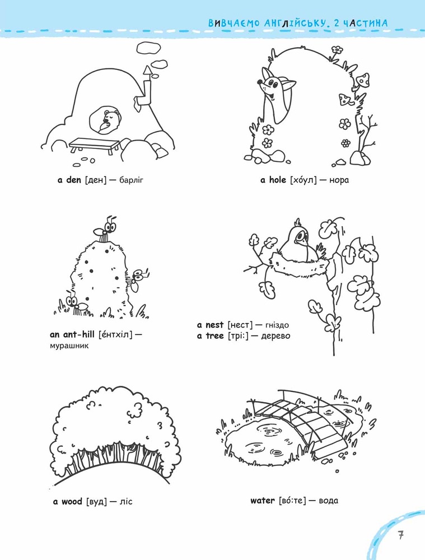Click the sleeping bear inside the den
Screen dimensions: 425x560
pyautogui.click(x=110, y=121)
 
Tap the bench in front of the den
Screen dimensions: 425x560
pyautogui.click(x=95, y=146)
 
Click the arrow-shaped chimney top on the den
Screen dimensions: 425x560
pyautogui.click(x=147, y=71)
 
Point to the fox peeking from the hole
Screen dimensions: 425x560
pyautogui.click(x=274, y=96)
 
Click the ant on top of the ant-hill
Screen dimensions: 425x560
pyautogui.click(x=105, y=229)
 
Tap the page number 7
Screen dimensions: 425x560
pyautogui.click(x=401, y=535)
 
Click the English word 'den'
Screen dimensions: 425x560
pyautogui.click(x=73, y=180)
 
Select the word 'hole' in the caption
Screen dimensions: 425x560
pyautogui.click(x=278, y=180)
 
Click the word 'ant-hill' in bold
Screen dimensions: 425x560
pyautogui.click(x=78, y=334)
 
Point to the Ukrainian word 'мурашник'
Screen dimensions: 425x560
pyautogui.click(x=69, y=346)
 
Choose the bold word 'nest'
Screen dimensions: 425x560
pyautogui.click(x=214, y=325)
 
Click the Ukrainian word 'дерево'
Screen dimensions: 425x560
pyautogui.click(x=275, y=336)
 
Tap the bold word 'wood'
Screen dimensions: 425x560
pyautogui.click(x=72, y=501)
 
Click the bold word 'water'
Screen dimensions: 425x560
pyautogui.click(x=263, y=501)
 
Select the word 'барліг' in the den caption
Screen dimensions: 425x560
pyautogui.click(x=131, y=180)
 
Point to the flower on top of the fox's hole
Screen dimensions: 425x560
pyautogui.click(x=337, y=50)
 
